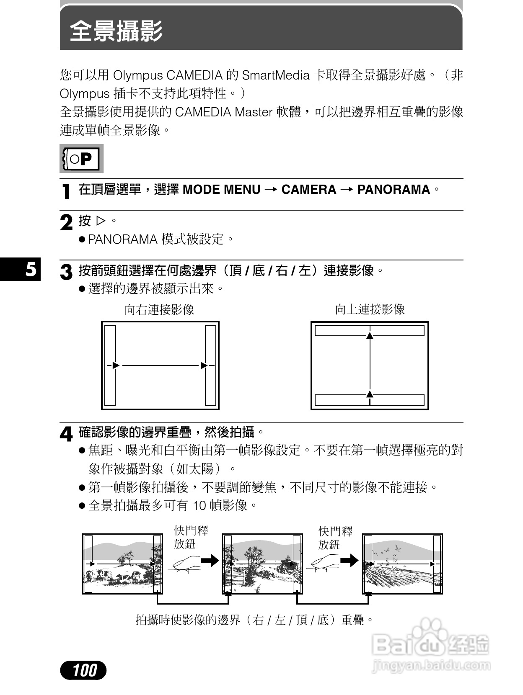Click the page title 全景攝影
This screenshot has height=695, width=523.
pos(116,31)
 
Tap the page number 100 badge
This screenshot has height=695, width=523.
pos(83,670)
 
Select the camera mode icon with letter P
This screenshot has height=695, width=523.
pos(82,159)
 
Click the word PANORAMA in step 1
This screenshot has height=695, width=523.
pos(393,190)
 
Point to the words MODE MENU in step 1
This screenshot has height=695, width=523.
pos(221,190)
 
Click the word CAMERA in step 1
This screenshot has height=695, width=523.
pos(308,190)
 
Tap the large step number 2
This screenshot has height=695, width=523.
pos(66,222)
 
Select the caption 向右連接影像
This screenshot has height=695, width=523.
pos(159,310)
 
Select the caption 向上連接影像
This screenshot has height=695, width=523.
pos(369,310)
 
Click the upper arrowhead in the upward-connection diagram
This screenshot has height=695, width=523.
pos(369,336)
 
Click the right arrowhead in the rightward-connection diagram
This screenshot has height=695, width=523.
pos(204,366)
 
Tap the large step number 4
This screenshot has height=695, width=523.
pos(66,434)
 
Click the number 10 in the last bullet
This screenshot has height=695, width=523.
pos(199,505)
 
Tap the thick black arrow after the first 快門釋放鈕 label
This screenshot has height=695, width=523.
pos(210,560)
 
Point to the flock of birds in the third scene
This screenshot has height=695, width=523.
pos(388,553)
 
